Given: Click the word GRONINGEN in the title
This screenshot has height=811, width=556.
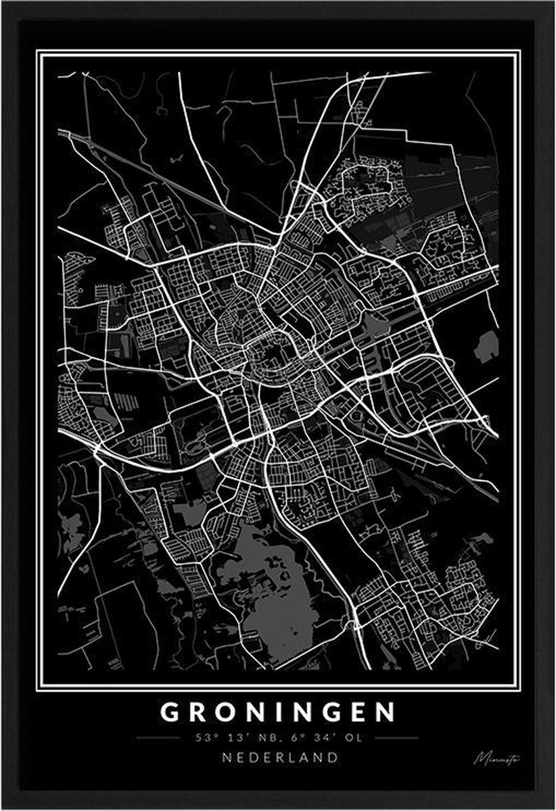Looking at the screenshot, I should coord(277,712).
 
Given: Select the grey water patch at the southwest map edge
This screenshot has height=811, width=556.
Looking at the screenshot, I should coord(70,524).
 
